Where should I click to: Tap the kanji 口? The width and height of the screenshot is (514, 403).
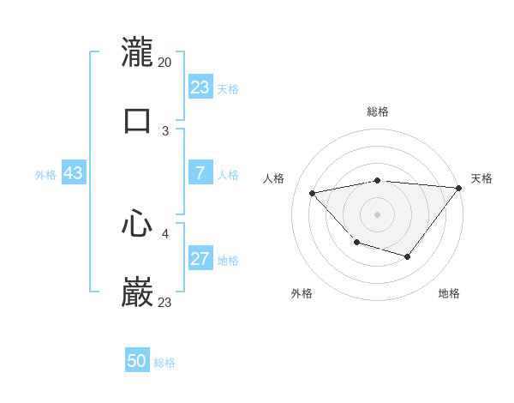[137, 119]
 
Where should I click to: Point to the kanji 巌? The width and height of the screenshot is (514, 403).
[137, 292]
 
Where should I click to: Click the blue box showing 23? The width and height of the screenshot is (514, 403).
[200, 87]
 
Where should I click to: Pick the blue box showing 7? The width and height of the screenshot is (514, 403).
[200, 173]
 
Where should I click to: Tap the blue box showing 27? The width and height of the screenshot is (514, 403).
[200, 259]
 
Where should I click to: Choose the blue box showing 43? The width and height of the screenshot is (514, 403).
[73, 173]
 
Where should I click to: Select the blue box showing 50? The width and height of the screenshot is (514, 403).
[137, 361]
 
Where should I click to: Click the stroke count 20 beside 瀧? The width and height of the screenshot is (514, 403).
[164, 62]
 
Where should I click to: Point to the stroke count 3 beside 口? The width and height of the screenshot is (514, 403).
[165, 130]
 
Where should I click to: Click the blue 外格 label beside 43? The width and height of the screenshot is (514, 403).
[45, 175]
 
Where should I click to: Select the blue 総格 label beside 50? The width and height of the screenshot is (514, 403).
[164, 363]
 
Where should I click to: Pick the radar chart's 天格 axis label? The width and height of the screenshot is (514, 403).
[481, 178]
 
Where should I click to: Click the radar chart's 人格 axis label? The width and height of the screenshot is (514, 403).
[275, 178]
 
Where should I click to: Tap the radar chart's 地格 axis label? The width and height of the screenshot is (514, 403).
[449, 293]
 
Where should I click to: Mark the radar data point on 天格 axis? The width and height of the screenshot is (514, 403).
[458, 187]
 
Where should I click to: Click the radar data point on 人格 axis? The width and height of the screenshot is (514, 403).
[313, 193]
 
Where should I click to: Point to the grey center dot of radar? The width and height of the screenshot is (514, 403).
[377, 214]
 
